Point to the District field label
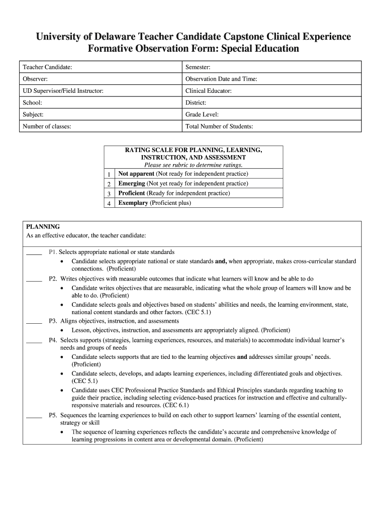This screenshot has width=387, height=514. [196, 102]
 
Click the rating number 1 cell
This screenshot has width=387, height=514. [109, 174]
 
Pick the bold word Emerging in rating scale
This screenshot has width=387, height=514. [131, 184]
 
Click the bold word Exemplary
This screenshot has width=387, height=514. [133, 203]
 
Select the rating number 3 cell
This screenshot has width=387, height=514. [109, 194]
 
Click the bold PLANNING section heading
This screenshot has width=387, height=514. [43, 227]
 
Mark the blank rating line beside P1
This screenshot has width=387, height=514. [34, 253]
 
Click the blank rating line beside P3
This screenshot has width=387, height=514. [34, 322]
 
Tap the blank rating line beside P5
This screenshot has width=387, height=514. [34, 416]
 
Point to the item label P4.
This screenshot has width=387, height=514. [52, 340]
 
